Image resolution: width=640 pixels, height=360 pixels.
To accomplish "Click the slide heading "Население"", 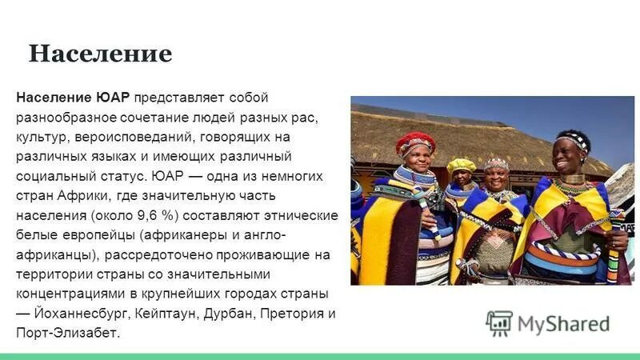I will [x=100, y=54].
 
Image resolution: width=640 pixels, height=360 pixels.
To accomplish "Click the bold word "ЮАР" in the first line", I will [x=114, y=98].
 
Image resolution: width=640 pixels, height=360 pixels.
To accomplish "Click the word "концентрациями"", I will [x=65, y=294].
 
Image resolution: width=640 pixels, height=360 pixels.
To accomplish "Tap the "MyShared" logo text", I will [x=562, y=324].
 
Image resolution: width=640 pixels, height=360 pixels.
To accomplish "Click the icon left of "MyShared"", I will [x=499, y=323].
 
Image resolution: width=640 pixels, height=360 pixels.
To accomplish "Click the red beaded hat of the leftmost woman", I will [x=415, y=142].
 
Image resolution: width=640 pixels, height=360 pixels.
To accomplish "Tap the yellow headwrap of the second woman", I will [x=461, y=165].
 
